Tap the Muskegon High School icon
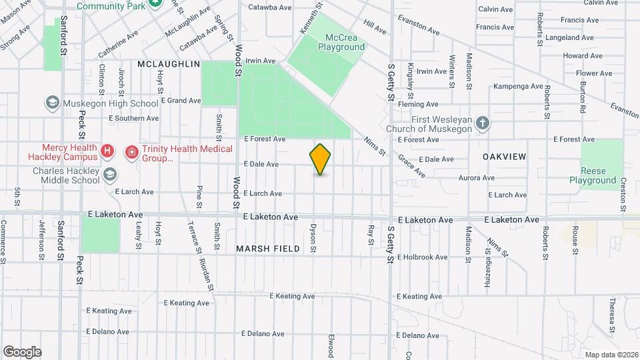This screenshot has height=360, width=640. [x=51, y=103]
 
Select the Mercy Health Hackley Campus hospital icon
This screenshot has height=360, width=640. [x=107, y=152]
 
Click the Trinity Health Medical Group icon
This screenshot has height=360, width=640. [x=132, y=153]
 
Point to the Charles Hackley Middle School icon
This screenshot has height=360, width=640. [x=109, y=175]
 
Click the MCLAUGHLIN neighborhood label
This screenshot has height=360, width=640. [x=169, y=64]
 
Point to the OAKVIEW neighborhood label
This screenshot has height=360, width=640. [x=505, y=157]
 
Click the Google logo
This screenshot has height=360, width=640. [x=22, y=352]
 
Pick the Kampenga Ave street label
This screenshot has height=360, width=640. [x=518, y=86]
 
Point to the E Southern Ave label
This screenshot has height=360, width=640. [x=133, y=118]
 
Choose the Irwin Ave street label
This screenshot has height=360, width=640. [x=260, y=61]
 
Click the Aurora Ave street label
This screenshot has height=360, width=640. [x=476, y=178]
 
